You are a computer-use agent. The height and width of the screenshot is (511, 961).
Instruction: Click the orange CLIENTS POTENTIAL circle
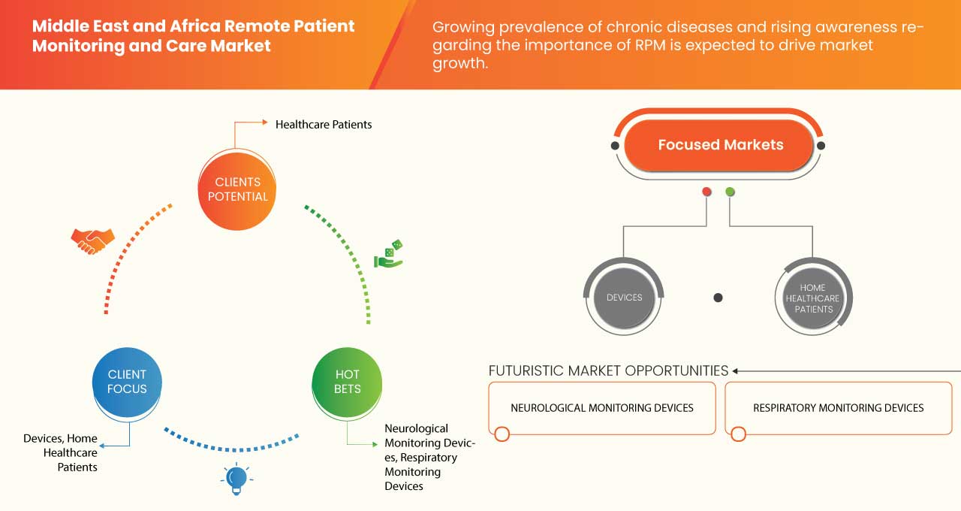236,189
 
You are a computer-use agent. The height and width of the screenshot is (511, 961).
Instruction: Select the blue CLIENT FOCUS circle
127,382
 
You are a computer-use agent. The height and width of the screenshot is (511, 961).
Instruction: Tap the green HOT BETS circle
347,382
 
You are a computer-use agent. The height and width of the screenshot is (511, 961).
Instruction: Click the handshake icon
92,240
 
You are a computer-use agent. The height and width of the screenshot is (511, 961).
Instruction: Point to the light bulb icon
236,479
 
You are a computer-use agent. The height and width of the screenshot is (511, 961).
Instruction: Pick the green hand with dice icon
389,254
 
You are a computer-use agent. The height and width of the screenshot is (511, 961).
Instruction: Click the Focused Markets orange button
719,145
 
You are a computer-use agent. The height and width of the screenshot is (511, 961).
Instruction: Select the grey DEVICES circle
624,298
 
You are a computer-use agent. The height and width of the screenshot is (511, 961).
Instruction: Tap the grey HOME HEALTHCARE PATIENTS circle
813,298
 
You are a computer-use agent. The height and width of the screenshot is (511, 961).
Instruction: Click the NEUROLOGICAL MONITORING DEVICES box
601,408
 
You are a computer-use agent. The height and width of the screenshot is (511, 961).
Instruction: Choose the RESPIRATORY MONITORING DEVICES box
838,408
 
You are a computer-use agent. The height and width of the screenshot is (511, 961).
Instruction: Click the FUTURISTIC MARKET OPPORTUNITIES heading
608,370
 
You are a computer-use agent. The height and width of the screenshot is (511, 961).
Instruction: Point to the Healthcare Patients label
324,124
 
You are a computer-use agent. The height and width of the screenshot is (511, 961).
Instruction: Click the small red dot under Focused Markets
706,192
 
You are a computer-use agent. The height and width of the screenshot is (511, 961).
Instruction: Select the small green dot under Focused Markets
730,192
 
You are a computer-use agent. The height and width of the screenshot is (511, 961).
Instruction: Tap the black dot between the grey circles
718,298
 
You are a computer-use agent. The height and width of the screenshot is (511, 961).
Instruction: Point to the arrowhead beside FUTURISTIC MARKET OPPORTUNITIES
736,370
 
